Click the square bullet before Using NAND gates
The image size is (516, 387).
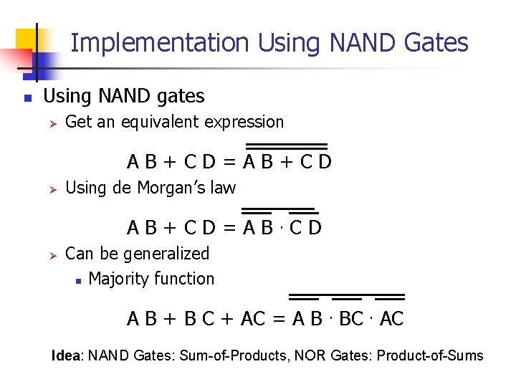coord(27,97)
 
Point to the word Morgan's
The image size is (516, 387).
coord(175,188)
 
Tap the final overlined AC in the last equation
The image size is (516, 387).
coord(391,319)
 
